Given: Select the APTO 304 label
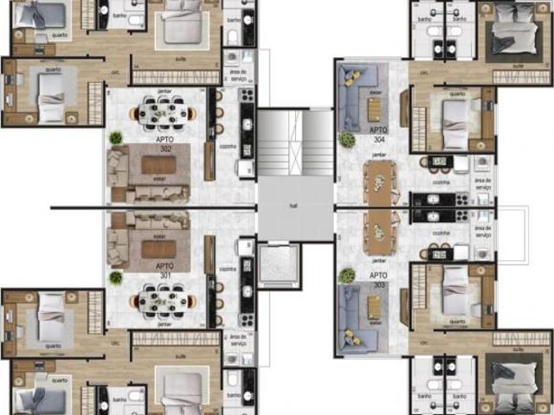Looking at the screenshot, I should (x=378, y=133).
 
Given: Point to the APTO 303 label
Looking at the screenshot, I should (x=378, y=279).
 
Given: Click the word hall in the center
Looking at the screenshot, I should (x=294, y=207).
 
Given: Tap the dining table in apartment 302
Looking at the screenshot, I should (x=164, y=112).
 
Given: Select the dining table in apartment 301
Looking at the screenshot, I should (x=164, y=300).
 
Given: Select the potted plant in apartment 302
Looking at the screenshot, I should (x=116, y=137).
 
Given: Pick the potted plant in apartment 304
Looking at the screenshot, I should (x=347, y=139).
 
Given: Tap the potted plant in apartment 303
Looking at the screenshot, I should (x=347, y=276).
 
